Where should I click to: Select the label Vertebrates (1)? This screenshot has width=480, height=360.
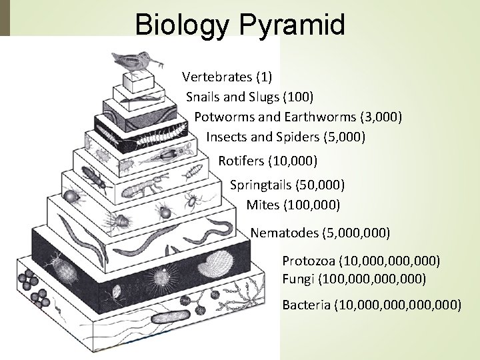pyautogui.click(x=226, y=75)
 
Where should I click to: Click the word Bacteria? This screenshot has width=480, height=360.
pyautogui.click(x=307, y=305)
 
